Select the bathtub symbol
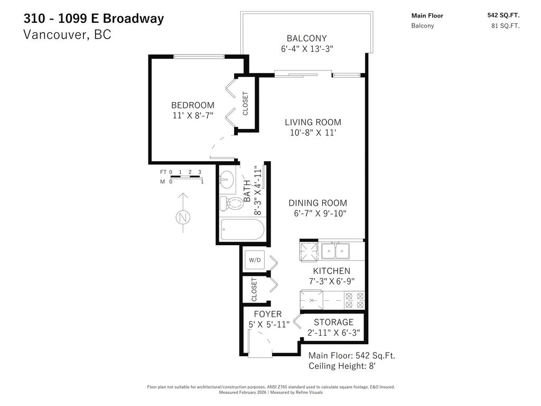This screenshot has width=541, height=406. (242, 230)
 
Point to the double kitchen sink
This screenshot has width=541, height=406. (335, 250)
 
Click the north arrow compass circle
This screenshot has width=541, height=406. (183, 217)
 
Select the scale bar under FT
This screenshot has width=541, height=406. (185, 177)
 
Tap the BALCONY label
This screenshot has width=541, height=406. (306, 38)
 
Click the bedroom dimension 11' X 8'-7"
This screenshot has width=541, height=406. (192, 115)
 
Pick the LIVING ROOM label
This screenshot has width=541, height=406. (313, 122)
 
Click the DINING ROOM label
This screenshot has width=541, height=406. (318, 203)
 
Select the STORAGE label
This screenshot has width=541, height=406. (333, 322)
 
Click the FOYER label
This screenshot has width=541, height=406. (268, 314)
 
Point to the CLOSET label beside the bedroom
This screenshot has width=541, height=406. (246, 104)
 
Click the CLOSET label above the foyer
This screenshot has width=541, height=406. (254, 290)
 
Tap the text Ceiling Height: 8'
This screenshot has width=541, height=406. (342, 366)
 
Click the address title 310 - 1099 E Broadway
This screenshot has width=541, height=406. (94, 19)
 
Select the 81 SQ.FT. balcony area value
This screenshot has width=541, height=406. (505, 26)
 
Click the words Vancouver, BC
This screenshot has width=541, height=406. (67, 35)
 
